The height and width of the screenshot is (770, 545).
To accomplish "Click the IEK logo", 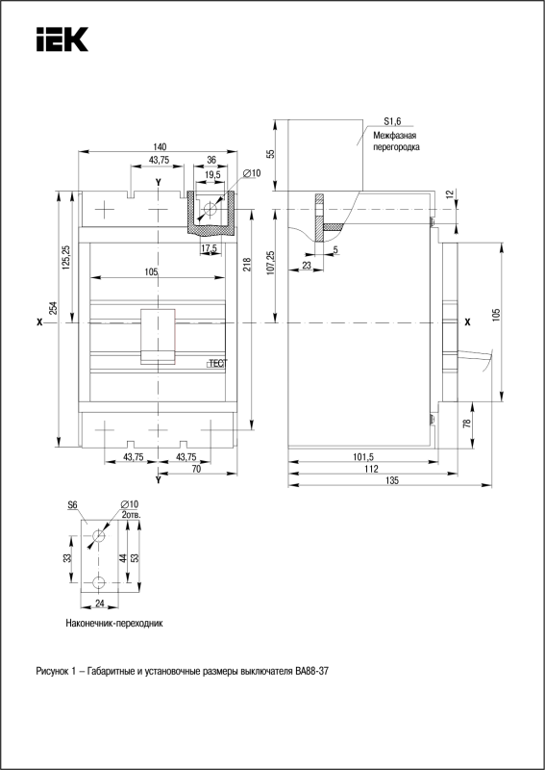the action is pyautogui.click(x=62, y=38).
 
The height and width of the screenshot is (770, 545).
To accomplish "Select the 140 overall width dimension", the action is pyautogui.click(x=160, y=146).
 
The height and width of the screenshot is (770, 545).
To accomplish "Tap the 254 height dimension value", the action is pyautogui.click(x=54, y=308).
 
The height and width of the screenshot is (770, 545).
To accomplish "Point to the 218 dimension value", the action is pyautogui.click(x=246, y=267).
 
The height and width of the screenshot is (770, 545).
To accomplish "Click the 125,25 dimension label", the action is pyautogui.click(x=66, y=257).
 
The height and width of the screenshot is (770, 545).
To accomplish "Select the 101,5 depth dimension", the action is pyautogui.click(x=363, y=456).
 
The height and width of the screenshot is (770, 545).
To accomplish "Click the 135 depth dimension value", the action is pyautogui.click(x=391, y=480).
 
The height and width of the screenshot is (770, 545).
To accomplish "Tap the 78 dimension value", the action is pyautogui.click(x=467, y=423).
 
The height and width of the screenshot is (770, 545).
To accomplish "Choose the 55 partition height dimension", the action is pyautogui.click(x=270, y=153).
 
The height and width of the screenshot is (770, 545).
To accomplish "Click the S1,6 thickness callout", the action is pyautogui.click(x=392, y=122).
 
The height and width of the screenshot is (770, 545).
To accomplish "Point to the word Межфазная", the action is pyautogui.click(x=395, y=135).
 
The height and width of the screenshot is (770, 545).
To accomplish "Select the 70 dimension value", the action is pyautogui.click(x=196, y=469).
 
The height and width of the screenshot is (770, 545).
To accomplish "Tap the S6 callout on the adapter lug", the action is pyautogui.click(x=73, y=504).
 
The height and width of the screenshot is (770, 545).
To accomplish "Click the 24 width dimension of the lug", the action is pyautogui.click(x=100, y=604).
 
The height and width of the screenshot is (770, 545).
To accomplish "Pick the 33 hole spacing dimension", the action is pyautogui.click(x=67, y=558).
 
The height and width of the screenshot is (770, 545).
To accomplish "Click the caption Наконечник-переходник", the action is pyautogui.click(x=113, y=624).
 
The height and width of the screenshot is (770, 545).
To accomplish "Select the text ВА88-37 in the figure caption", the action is pyautogui.click(x=312, y=671).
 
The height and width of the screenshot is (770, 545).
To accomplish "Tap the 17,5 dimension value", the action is pyautogui.click(x=209, y=248).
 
